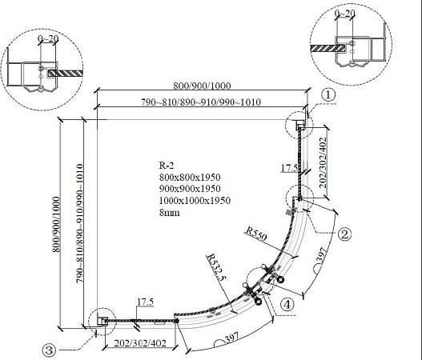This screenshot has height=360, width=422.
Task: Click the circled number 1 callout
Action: click(x=328, y=95)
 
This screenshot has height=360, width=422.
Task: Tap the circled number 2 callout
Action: click(x=345, y=234)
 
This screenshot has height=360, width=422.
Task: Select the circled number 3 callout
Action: click(x=50, y=350)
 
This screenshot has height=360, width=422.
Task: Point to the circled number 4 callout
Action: click(x=287, y=305)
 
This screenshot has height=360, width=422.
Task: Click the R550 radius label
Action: click(x=255, y=234)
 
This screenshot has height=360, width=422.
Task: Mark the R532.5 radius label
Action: click(x=215, y=268)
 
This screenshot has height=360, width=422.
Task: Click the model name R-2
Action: click(x=167, y=166)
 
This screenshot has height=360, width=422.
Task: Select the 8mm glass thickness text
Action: click(x=169, y=213)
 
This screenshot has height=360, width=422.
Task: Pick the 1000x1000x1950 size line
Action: click(x=195, y=201)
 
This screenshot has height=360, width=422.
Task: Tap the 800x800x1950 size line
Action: click(x=190, y=177)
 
